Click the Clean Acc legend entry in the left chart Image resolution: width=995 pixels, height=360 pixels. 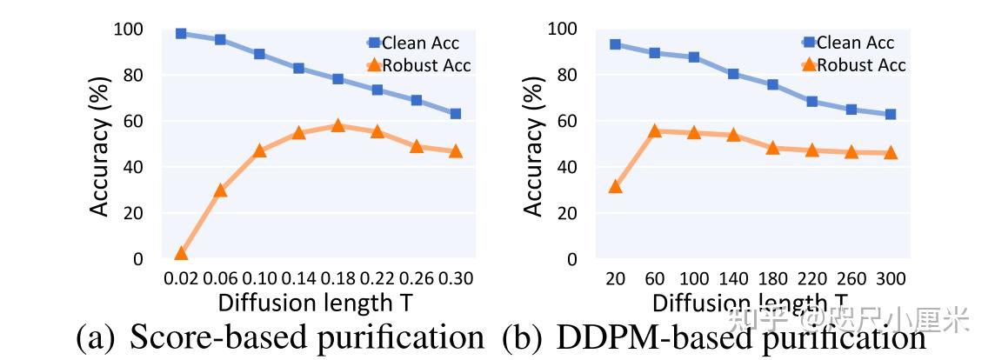point(412,42)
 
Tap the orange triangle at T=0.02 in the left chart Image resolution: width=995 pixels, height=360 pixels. point(181,253)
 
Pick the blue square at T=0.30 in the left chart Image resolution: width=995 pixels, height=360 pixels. point(455,114)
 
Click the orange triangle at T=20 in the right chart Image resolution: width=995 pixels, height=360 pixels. point(616,186)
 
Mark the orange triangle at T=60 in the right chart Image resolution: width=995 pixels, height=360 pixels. point(655,130)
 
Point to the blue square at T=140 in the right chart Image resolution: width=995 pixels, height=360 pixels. point(733,74)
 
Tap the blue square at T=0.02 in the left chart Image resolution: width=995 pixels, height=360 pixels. point(181,34)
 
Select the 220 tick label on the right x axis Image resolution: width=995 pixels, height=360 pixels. point(811,278)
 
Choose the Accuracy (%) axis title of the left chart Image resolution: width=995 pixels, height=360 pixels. point(101,143)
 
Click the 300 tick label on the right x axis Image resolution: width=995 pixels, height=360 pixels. point(890,278)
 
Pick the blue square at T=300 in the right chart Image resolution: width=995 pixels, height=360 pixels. point(890,115)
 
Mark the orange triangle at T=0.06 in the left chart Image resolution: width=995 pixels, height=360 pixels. point(220,190)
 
